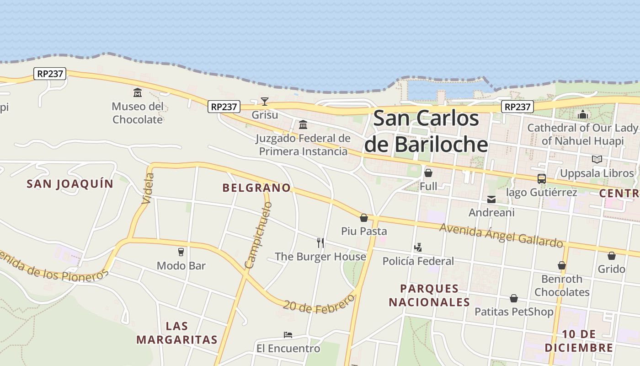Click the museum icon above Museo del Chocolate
click(x=137, y=93)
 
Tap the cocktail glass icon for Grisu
click(x=264, y=101)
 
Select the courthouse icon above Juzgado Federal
click(x=303, y=124)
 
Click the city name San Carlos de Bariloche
click(x=426, y=131)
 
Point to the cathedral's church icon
click(x=582, y=114)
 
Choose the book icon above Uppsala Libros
click(x=597, y=159)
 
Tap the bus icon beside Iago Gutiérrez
click(x=541, y=178)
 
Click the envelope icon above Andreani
click(x=491, y=199)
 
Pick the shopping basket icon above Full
click(x=428, y=173)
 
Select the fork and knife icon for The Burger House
click(x=320, y=243)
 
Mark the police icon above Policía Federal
click(x=418, y=248)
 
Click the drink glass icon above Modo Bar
click(x=181, y=252)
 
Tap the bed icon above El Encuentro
click(x=288, y=335)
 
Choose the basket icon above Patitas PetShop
click(x=514, y=298)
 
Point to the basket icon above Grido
click(x=611, y=255)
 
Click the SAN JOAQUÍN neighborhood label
click(x=70, y=184)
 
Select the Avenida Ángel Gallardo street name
click(x=501, y=235)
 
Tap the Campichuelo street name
click(x=258, y=235)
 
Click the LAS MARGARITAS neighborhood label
click(x=177, y=333)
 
